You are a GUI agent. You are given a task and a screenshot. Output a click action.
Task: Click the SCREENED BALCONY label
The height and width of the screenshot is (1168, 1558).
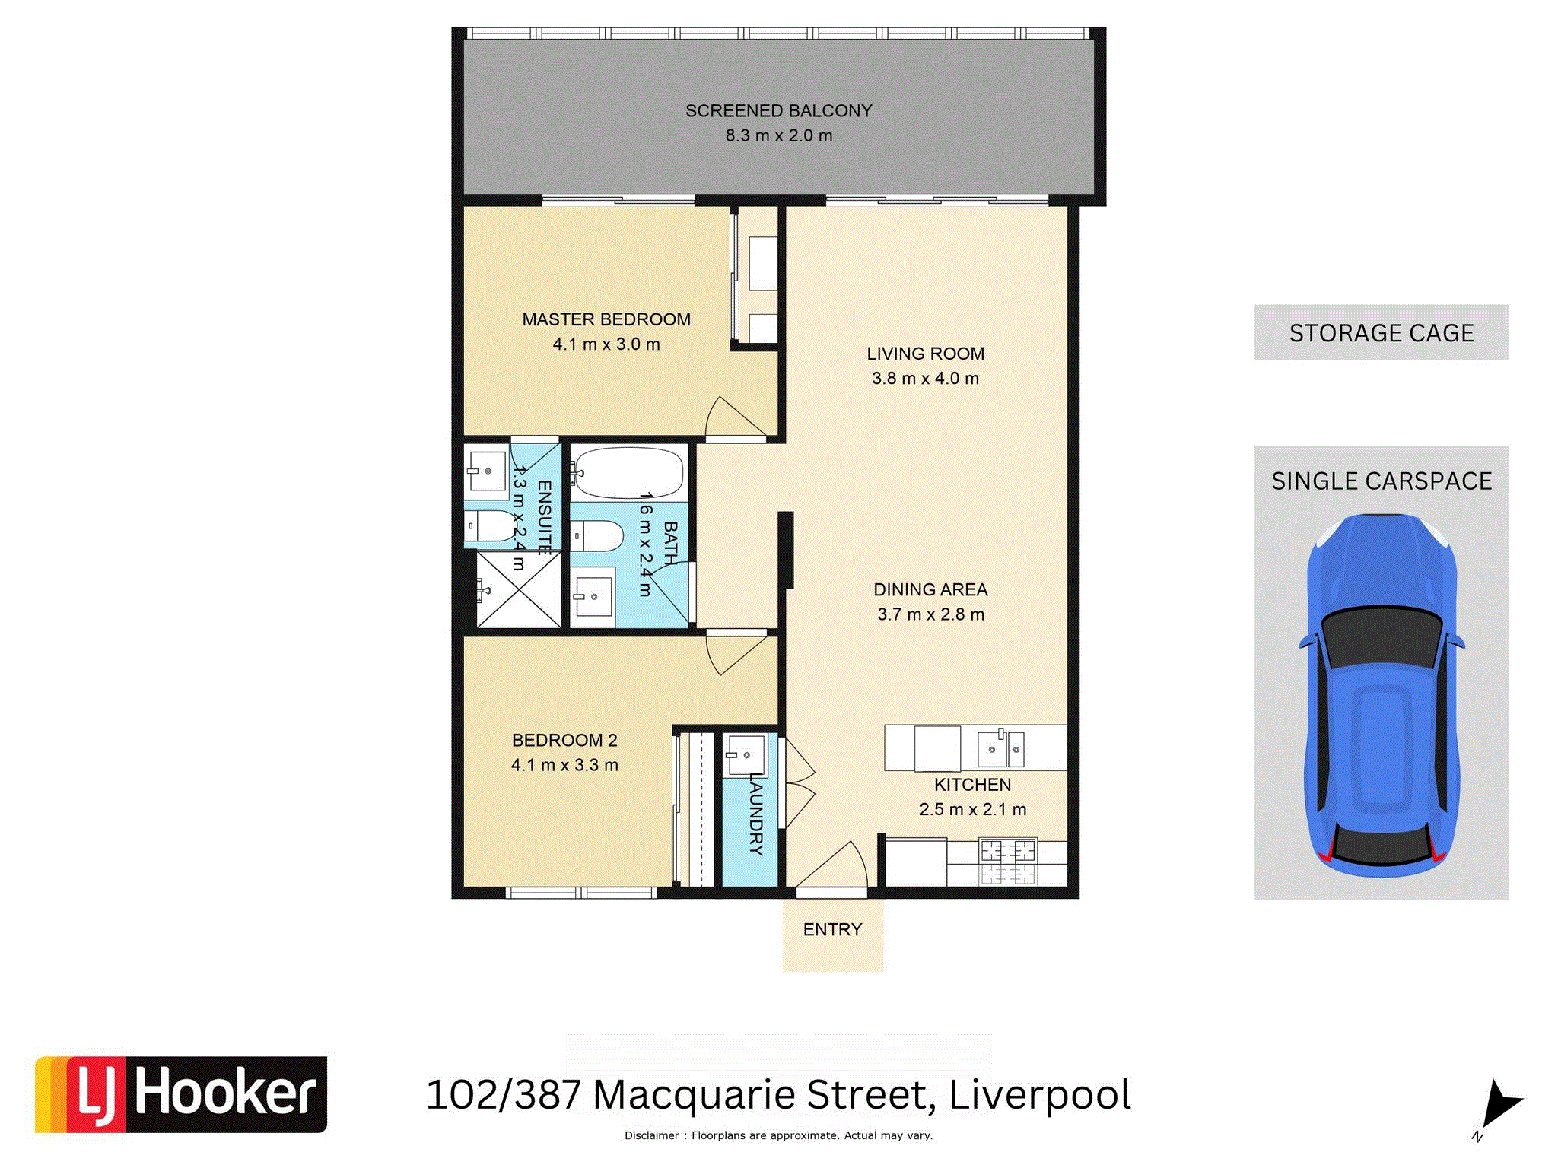[x=778, y=111]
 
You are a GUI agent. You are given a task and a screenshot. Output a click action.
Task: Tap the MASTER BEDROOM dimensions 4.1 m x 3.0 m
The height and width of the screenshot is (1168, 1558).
[x=606, y=344]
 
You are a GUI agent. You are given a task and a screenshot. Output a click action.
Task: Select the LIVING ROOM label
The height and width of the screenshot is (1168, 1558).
[x=925, y=354]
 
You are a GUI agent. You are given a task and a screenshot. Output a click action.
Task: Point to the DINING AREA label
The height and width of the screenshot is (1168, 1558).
[x=930, y=589]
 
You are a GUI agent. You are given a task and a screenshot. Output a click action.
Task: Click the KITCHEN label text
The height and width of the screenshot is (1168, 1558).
[x=972, y=785]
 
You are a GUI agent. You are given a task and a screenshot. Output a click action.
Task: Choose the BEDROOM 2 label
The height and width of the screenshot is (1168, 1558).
[x=564, y=741]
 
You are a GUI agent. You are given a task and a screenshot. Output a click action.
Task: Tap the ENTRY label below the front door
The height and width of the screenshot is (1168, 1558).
[x=832, y=929]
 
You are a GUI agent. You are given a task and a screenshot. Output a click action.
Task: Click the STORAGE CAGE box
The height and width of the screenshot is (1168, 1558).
[x=1382, y=332]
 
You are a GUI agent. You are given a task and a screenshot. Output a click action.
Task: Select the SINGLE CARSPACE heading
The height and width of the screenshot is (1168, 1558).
[x=1382, y=481]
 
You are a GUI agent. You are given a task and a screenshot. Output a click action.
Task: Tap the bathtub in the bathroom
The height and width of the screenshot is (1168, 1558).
[x=628, y=472]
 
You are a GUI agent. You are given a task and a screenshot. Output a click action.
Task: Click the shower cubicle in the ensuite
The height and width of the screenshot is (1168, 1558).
[x=519, y=590]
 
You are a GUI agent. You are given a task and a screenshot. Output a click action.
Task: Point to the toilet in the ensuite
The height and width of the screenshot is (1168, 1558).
[x=491, y=525]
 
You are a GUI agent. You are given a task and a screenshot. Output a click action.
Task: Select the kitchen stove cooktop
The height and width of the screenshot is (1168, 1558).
[x=1008, y=862]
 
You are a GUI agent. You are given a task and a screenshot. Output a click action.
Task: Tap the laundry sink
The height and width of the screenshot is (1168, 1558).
[x=746, y=755]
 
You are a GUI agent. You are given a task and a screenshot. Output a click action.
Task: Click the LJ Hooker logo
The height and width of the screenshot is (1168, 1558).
[x=181, y=1094]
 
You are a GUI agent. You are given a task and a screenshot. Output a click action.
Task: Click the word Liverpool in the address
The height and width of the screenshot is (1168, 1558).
[x=1040, y=1096]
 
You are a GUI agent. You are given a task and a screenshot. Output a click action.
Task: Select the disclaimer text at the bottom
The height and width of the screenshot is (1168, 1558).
[x=778, y=1135]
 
